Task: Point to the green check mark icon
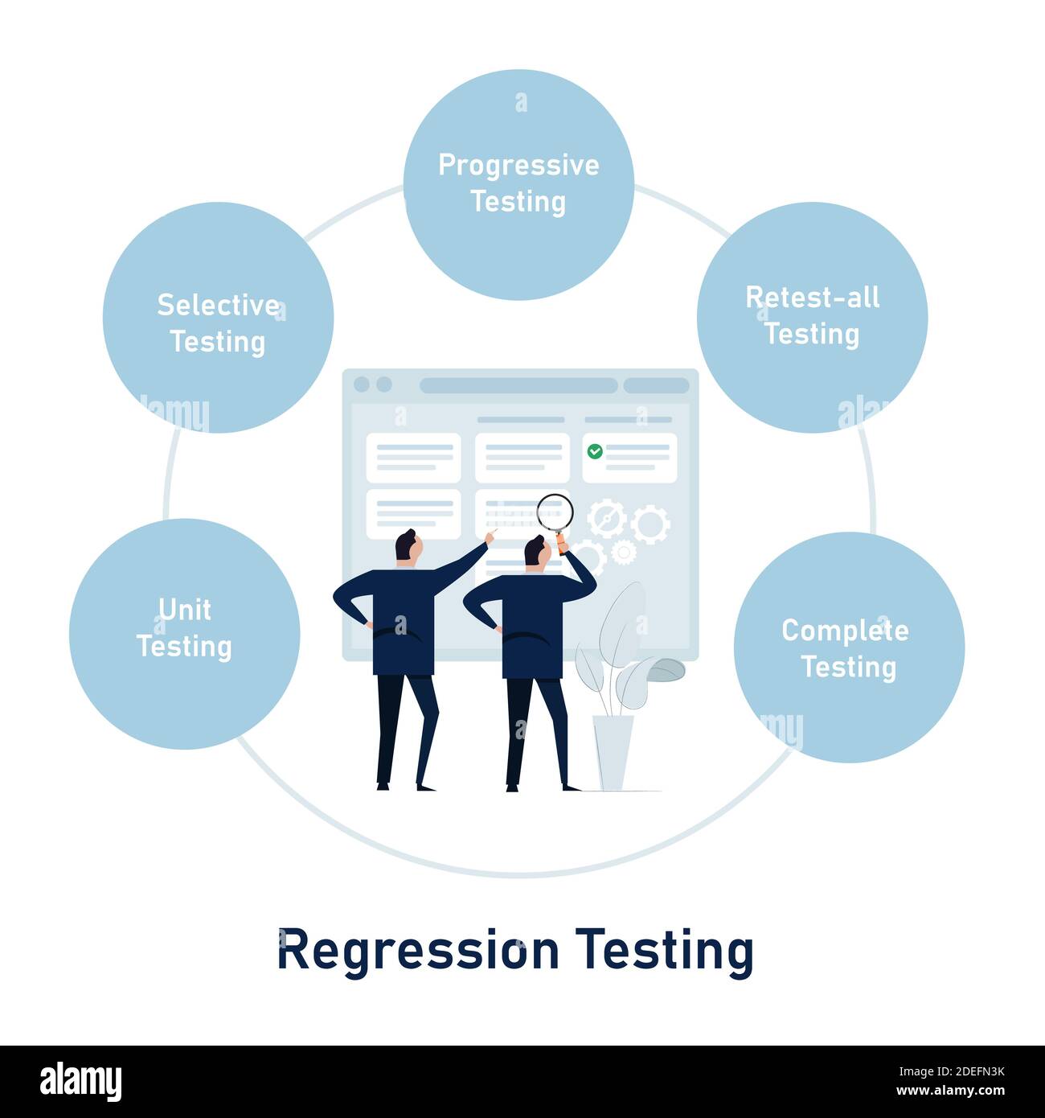tap(595, 451)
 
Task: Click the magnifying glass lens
tap(555, 511)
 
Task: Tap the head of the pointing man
tap(408, 547)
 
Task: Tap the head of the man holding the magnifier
tap(535, 551)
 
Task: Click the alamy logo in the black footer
tap(80, 1082)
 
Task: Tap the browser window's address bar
tap(518, 385)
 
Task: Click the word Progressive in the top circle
tap(518, 165)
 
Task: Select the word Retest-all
tap(812, 298)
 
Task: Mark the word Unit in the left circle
tap(185, 610)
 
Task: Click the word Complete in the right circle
tap(845, 631)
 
